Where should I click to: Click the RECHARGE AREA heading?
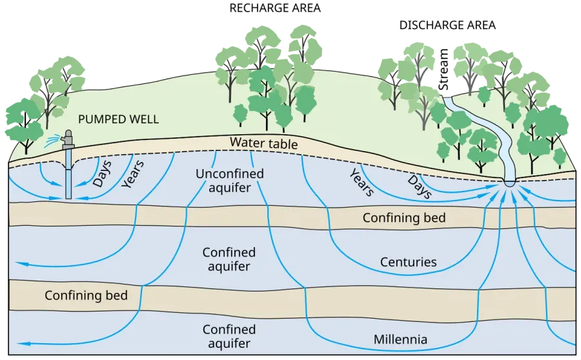pos(275,8)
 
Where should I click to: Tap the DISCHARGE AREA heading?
pos(447,25)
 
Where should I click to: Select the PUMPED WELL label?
pos(119,119)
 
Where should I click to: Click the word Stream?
pos(443,69)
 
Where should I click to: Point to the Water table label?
pos(263,143)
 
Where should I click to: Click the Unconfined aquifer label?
pos(230,181)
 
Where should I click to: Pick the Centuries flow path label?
pos(409,262)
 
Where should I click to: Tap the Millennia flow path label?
pos(400,339)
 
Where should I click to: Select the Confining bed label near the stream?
pos(404,218)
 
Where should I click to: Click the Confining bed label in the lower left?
pos(86,295)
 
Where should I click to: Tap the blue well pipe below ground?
pos(68,174)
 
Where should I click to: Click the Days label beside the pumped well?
pos(102,174)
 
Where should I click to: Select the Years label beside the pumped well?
pos(132,174)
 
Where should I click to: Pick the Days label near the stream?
pos(420,186)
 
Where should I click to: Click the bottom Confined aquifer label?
pos(229,336)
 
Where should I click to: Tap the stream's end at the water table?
pos(510,183)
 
